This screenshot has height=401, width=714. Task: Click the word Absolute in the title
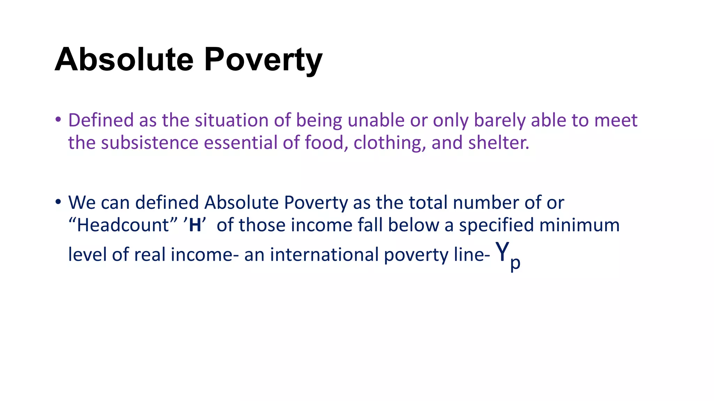pos(124,60)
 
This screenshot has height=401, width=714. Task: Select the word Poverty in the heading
pos(263,60)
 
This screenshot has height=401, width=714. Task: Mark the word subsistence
pos(150,143)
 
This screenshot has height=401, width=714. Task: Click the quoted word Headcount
pos(123,225)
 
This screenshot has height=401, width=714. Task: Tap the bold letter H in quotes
pos(195,225)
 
